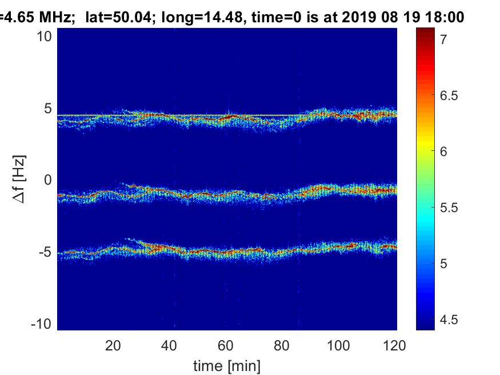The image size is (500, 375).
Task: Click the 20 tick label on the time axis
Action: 113,345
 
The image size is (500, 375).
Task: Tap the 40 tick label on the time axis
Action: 169,345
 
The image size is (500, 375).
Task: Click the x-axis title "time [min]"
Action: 227,364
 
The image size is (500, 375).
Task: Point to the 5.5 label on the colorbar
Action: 449,208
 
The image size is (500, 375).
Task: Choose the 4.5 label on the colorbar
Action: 449,319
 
